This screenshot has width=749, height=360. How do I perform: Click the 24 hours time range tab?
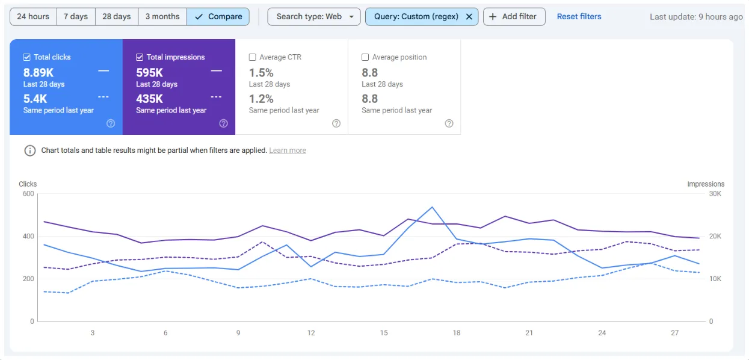pos(33,17)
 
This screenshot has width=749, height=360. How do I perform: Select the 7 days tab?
pos(76,17)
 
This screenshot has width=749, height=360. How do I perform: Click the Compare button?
pos(218,17)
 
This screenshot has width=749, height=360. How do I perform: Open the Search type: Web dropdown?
pos(314,17)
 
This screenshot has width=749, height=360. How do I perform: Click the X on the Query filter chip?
pos(469,17)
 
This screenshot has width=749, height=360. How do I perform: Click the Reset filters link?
pos(579,17)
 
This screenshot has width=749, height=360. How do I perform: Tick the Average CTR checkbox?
pos(253,57)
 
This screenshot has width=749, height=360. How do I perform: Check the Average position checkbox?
pos(365,57)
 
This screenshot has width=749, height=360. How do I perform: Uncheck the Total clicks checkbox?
pos(26,57)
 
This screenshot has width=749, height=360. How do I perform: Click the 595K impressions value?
pos(150,73)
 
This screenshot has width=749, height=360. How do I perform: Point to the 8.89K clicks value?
pos(39,73)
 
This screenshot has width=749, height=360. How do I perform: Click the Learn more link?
pos(288,151)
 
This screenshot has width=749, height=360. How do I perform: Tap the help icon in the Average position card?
pos(449,123)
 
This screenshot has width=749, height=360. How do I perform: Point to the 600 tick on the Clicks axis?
pos(28,194)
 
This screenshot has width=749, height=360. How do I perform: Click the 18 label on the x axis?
pos(457,333)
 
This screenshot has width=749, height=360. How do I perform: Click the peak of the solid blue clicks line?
pos(432,207)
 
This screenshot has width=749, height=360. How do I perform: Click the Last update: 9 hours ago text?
pos(696,17)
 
